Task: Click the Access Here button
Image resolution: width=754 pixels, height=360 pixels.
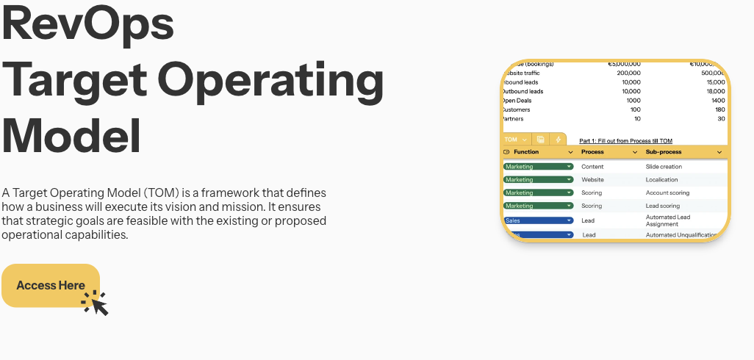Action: [50, 285]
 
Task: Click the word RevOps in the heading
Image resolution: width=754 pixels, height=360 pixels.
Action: [88, 22]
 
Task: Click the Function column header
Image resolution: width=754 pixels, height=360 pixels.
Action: [526, 152]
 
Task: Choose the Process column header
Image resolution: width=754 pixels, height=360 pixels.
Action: [592, 152]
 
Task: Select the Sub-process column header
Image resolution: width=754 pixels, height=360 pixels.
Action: [664, 152]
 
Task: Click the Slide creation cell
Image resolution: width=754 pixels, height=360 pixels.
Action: [664, 167]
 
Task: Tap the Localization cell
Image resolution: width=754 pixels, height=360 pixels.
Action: [662, 180]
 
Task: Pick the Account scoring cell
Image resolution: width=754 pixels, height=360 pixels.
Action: [667, 193]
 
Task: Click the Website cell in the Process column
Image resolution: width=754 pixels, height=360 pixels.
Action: [592, 180]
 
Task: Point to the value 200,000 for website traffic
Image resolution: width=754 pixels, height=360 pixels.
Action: [629, 73]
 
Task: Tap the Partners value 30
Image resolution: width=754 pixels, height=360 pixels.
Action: [721, 119]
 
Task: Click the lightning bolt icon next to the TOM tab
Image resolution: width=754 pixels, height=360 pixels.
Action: [558, 140]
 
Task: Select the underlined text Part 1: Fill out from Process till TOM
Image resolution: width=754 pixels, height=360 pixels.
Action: [625, 141]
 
